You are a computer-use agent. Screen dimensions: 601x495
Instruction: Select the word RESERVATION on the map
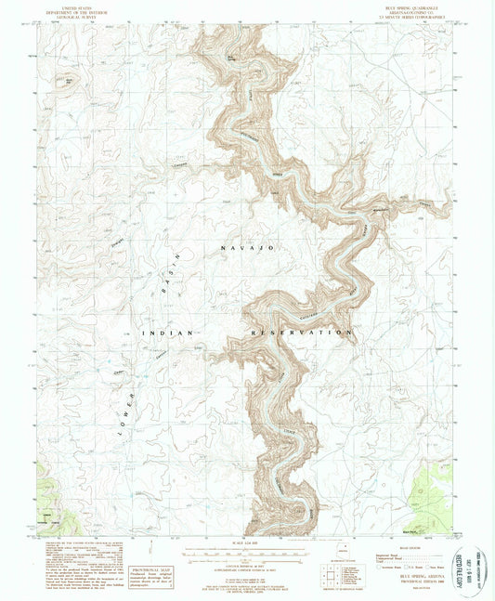click(302, 332)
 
